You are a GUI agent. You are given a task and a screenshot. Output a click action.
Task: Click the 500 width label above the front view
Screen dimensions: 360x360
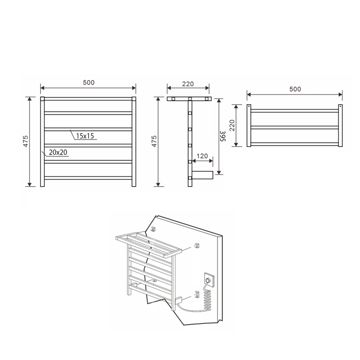coord(88,83)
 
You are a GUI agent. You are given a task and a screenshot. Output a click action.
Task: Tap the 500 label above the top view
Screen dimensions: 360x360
coord(295,89)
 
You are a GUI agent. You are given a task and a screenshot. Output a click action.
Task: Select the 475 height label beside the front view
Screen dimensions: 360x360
coord(25,141)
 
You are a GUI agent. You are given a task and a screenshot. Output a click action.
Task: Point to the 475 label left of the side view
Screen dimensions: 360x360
coord(154,141)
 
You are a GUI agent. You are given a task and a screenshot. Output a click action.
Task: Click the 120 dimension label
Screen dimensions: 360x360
coord(202,156)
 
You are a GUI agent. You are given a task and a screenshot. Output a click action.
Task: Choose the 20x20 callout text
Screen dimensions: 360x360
coord(58,153)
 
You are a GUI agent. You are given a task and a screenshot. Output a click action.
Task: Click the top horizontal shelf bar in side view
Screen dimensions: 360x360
coord(189,99)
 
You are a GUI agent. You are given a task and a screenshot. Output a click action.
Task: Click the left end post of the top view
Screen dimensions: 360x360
coord(248,126)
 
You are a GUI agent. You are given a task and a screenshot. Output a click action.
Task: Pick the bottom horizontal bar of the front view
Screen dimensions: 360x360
coord(88,178)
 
